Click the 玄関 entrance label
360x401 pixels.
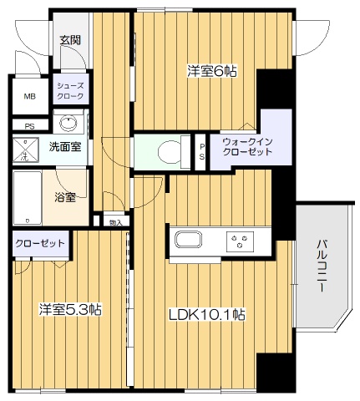click(x=69, y=38)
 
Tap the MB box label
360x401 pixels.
click(x=29, y=96)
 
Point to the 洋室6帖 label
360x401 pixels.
click(x=211, y=71)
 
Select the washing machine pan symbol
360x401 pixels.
click(x=27, y=150)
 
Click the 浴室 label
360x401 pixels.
click(x=66, y=198)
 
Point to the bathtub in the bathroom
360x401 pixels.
click(x=26, y=197)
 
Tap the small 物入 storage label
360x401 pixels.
click(x=116, y=223)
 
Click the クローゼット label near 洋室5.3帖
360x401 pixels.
click(x=41, y=244)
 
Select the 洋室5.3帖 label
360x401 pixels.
click(x=70, y=309)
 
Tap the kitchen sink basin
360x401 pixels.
click(x=187, y=242)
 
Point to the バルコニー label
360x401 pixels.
click(x=322, y=265)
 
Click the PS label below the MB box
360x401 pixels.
click(x=29, y=127)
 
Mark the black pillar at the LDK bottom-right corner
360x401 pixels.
click(x=271, y=372)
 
